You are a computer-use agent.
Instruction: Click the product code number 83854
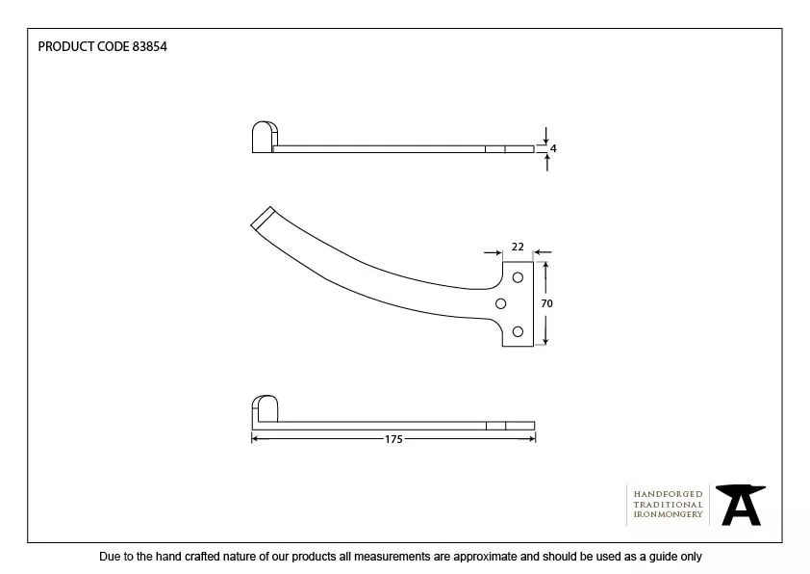[150, 46]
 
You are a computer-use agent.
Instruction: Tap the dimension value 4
[553, 148]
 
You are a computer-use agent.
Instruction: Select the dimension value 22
[518, 247]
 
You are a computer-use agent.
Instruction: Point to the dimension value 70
[546, 303]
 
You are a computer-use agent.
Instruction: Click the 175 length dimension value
[393, 439]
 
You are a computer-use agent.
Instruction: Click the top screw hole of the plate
[518, 277]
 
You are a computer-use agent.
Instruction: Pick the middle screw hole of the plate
[500, 303]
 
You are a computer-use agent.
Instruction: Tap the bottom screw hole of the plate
[518, 331]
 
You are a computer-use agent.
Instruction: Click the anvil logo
[741, 505]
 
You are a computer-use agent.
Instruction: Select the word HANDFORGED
[668, 494]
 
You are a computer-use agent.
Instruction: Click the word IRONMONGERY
[668, 514]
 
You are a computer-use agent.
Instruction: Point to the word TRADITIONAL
[668, 505]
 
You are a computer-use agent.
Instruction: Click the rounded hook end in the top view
[265, 137]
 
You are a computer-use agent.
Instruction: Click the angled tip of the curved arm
[263, 218]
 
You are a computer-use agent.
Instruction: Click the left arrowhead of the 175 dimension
[255, 439]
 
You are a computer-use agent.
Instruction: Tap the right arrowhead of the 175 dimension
[532, 439]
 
